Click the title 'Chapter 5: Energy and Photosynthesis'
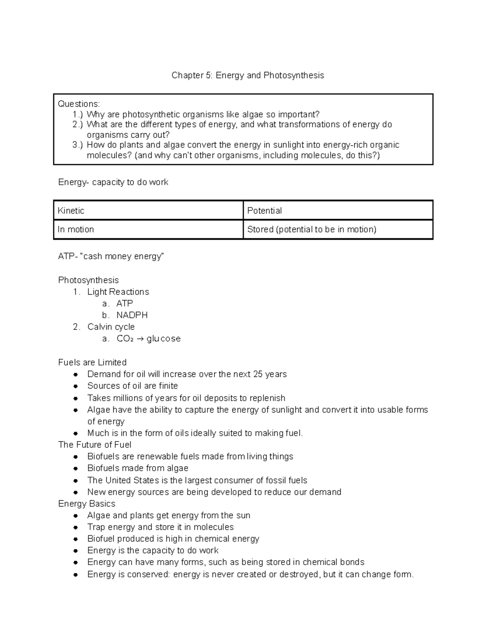point(248,75)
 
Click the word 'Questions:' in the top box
point(79,104)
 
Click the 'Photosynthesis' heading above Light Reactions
point(88,280)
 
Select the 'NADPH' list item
point(132,315)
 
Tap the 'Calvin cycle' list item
point(111,327)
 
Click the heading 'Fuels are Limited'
point(92,363)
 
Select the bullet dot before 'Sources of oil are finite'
point(76,387)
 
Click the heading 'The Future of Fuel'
point(95,445)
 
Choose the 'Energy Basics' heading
point(87,504)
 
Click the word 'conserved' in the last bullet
point(148,575)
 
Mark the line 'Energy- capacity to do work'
point(113,182)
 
